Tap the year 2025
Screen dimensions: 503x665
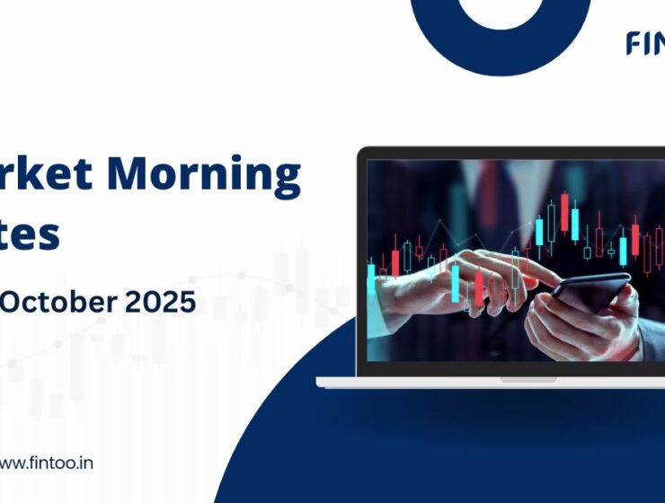coord(165,302)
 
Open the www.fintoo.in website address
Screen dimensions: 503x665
coord(46,463)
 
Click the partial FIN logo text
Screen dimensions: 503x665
coord(645,43)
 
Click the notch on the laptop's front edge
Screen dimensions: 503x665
coord(528,380)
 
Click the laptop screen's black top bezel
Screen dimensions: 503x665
coord(512,154)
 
